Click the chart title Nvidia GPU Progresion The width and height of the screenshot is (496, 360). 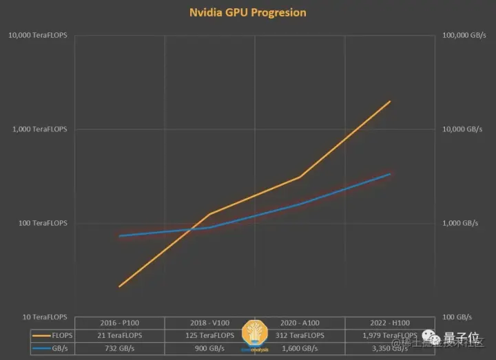click(x=248, y=12)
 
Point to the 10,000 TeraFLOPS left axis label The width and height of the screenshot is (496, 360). click(x=38, y=35)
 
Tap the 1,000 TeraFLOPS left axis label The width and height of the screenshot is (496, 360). click(x=40, y=129)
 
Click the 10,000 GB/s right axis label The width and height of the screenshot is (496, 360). click(x=462, y=129)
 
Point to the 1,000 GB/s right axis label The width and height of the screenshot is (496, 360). click(x=460, y=223)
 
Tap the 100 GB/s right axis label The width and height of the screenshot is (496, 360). click(x=458, y=317)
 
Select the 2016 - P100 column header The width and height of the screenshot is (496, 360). click(x=119, y=323)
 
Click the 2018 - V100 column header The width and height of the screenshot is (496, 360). click(x=209, y=323)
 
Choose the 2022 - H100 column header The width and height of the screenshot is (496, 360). click(x=390, y=323)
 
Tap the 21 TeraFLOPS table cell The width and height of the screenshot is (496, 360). click(x=119, y=335)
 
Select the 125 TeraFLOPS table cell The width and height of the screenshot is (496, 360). click(x=209, y=335)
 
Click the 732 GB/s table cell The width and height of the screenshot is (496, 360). click(x=119, y=348)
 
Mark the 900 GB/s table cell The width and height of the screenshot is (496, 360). click(x=209, y=348)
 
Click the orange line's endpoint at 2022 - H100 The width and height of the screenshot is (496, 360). click(x=391, y=101)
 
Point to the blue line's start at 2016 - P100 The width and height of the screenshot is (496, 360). click(x=119, y=236)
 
